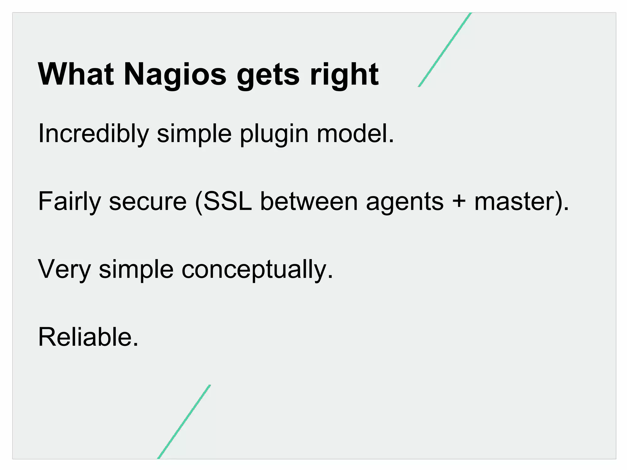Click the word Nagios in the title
pyautogui.click(x=175, y=74)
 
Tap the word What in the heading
pyautogui.click(x=76, y=74)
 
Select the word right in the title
pyautogui.click(x=344, y=74)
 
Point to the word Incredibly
pyautogui.click(x=93, y=134)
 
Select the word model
pyautogui.click(x=355, y=133)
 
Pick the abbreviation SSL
pyautogui.click(x=227, y=201)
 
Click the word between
pyautogui.click(x=309, y=201)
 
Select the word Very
pyautogui.click(x=64, y=269)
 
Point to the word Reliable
pyautogui.click(x=88, y=337)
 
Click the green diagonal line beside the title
pyautogui.click(x=445, y=50)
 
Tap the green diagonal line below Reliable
pyautogui.click(x=184, y=422)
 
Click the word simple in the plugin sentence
pyautogui.click(x=194, y=134)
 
